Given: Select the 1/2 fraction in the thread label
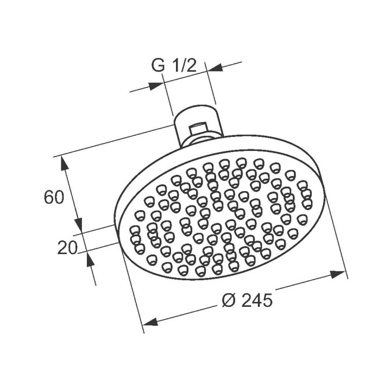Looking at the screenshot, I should tap(184, 66).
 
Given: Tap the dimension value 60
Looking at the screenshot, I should tap(55, 197).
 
